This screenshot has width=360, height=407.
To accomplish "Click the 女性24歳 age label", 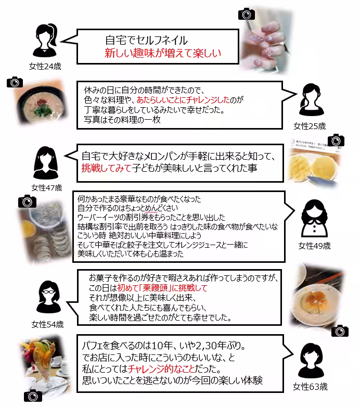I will click(45, 66).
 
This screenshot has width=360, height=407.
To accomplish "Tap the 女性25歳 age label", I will click(310, 126).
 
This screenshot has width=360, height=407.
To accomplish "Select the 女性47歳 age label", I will click(46, 187).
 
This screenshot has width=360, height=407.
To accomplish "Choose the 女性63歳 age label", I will click(310, 386).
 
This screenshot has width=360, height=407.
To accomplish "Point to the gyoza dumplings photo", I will click(44, 232).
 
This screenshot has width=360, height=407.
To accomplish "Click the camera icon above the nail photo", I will click(246, 14).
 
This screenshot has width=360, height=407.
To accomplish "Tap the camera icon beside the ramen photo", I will click(15, 82).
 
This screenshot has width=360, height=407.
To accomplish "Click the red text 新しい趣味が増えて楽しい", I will click(163, 53).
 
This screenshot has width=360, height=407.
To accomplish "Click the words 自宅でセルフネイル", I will click(146, 40).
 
